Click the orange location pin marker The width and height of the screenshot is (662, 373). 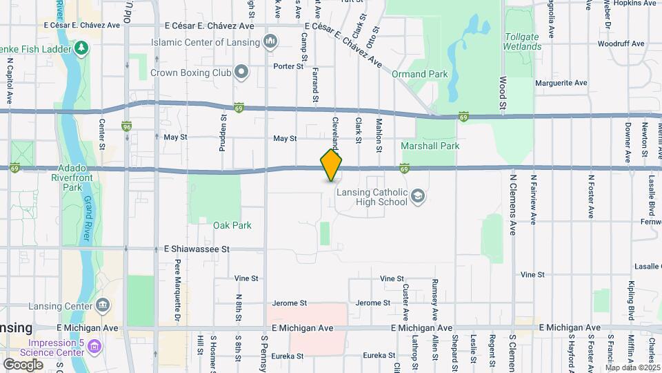coord(331,164)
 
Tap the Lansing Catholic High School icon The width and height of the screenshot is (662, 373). coord(417,197)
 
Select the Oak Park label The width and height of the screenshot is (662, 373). coord(232,225)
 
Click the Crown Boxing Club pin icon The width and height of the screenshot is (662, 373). coord(241,71)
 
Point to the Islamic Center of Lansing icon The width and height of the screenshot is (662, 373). coord(270,42)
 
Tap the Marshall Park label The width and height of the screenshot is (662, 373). coord(430,146)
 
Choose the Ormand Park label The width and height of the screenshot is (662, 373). coord(419,74)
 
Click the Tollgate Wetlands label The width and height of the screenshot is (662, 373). coord(522,41)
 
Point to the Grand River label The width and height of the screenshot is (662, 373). coord(88,218)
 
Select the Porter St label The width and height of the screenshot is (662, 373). coord(288,66)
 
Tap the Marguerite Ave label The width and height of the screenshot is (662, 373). coord(561,83)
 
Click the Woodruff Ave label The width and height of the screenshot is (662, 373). coord(621,44)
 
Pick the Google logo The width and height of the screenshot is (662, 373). coord(23,363)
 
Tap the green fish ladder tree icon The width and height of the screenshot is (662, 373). coord(82,47)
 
